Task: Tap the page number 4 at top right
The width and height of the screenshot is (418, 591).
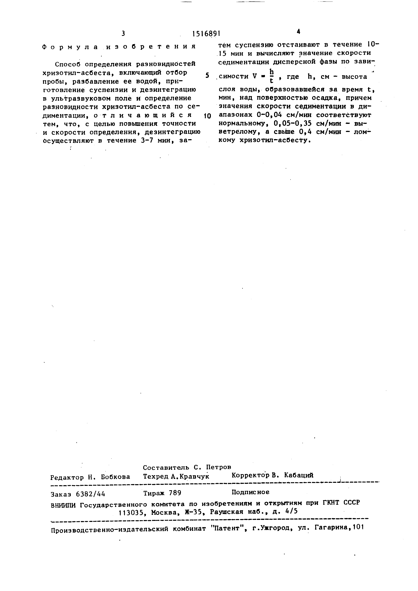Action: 298,32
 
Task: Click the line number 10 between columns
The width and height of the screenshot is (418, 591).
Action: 207,116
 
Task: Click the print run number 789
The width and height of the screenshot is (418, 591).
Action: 175,493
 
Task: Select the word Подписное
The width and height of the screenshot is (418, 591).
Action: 250,492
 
